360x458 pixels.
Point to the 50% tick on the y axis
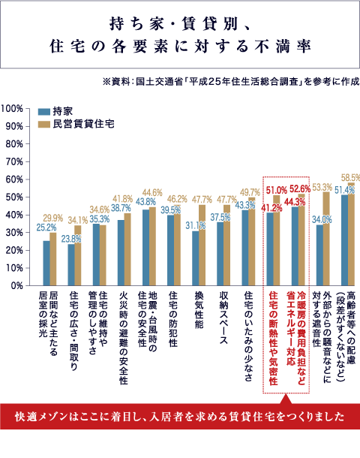15,197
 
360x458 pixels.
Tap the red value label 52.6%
300,188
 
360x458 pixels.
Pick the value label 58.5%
351,177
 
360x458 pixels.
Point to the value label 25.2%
46,226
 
